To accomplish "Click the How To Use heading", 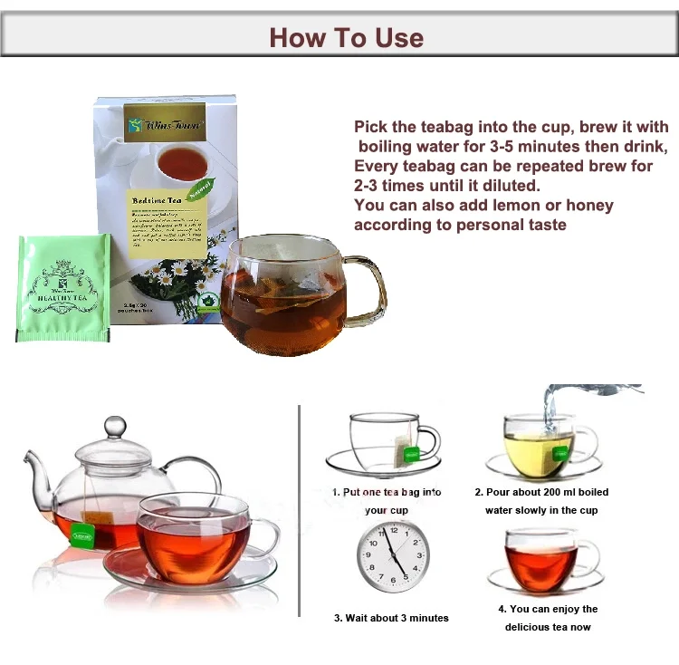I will tap(346, 37).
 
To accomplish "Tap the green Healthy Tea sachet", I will tap(63, 288).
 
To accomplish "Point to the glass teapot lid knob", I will tap(115, 428).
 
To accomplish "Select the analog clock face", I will tap(393, 557).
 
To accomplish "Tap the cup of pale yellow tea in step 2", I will tap(540, 448).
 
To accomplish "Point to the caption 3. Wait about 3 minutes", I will tap(391, 618).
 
